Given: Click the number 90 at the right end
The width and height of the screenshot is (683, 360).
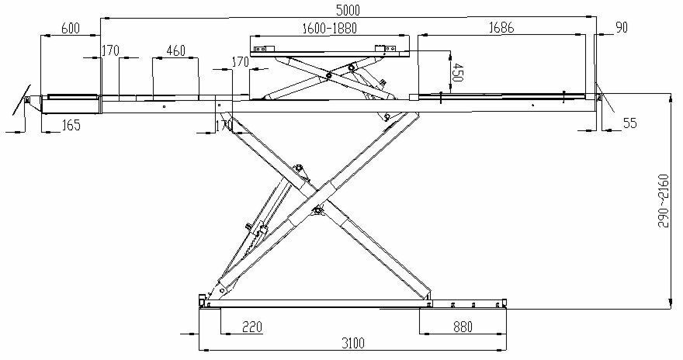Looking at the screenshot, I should [622, 28].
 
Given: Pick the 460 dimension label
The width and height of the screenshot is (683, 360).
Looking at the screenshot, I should [175, 52].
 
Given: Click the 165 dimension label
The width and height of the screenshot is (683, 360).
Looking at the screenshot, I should [71, 125].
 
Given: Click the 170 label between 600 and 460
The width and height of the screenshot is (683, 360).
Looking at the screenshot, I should [109, 52].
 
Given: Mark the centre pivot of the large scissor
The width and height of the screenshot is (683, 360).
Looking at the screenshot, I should [316, 209].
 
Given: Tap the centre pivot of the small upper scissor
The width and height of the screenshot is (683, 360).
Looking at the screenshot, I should [329, 75].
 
